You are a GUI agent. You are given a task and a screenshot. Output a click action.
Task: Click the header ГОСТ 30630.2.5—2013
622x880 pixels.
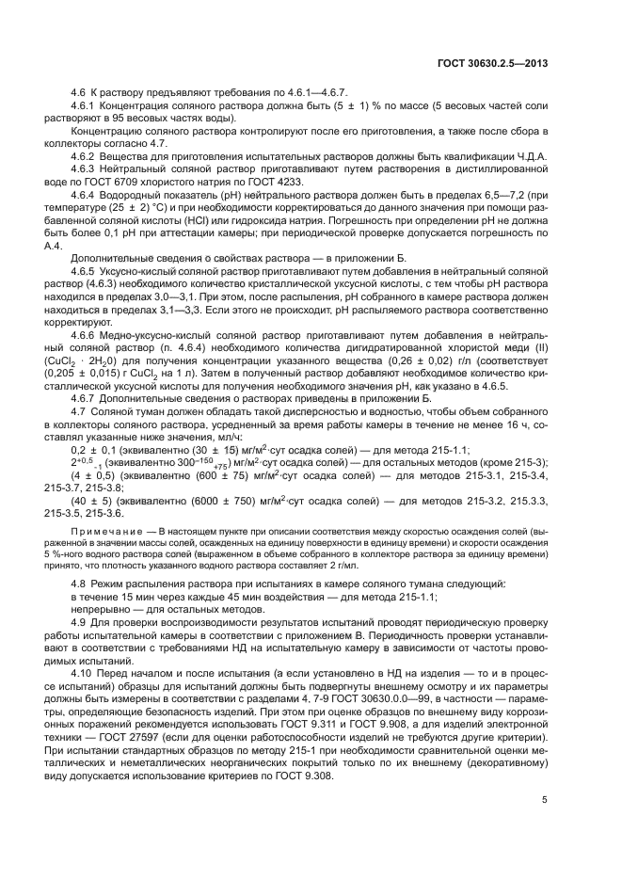point(493,64)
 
